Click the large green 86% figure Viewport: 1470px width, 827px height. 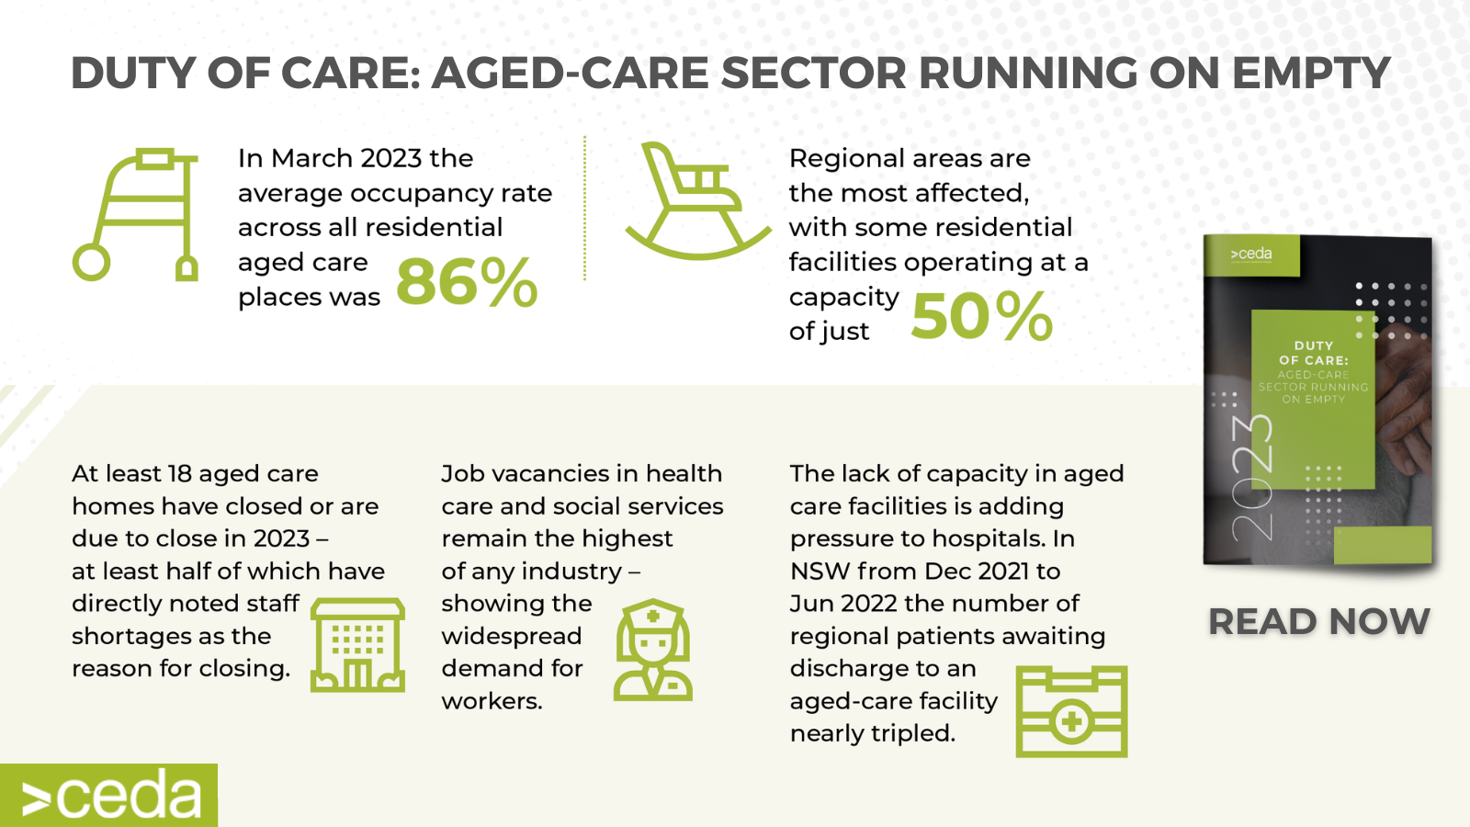pyautogui.click(x=468, y=282)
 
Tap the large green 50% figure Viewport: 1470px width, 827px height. pyautogui.click(x=982, y=316)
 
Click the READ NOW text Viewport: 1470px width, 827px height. pyautogui.click(x=1319, y=621)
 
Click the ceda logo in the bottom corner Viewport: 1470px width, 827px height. pyautogui.click(x=109, y=796)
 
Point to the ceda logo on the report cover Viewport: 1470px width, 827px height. pyautogui.click(x=1250, y=254)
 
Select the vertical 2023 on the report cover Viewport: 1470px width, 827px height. pyautogui.click(x=1251, y=478)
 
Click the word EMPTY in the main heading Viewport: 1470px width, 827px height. pyautogui.click(x=1311, y=73)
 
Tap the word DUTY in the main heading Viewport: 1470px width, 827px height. pyautogui.click(x=132, y=73)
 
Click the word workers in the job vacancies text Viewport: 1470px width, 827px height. pyautogui.click(x=492, y=701)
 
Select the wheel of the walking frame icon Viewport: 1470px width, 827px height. pyautogui.click(x=91, y=262)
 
